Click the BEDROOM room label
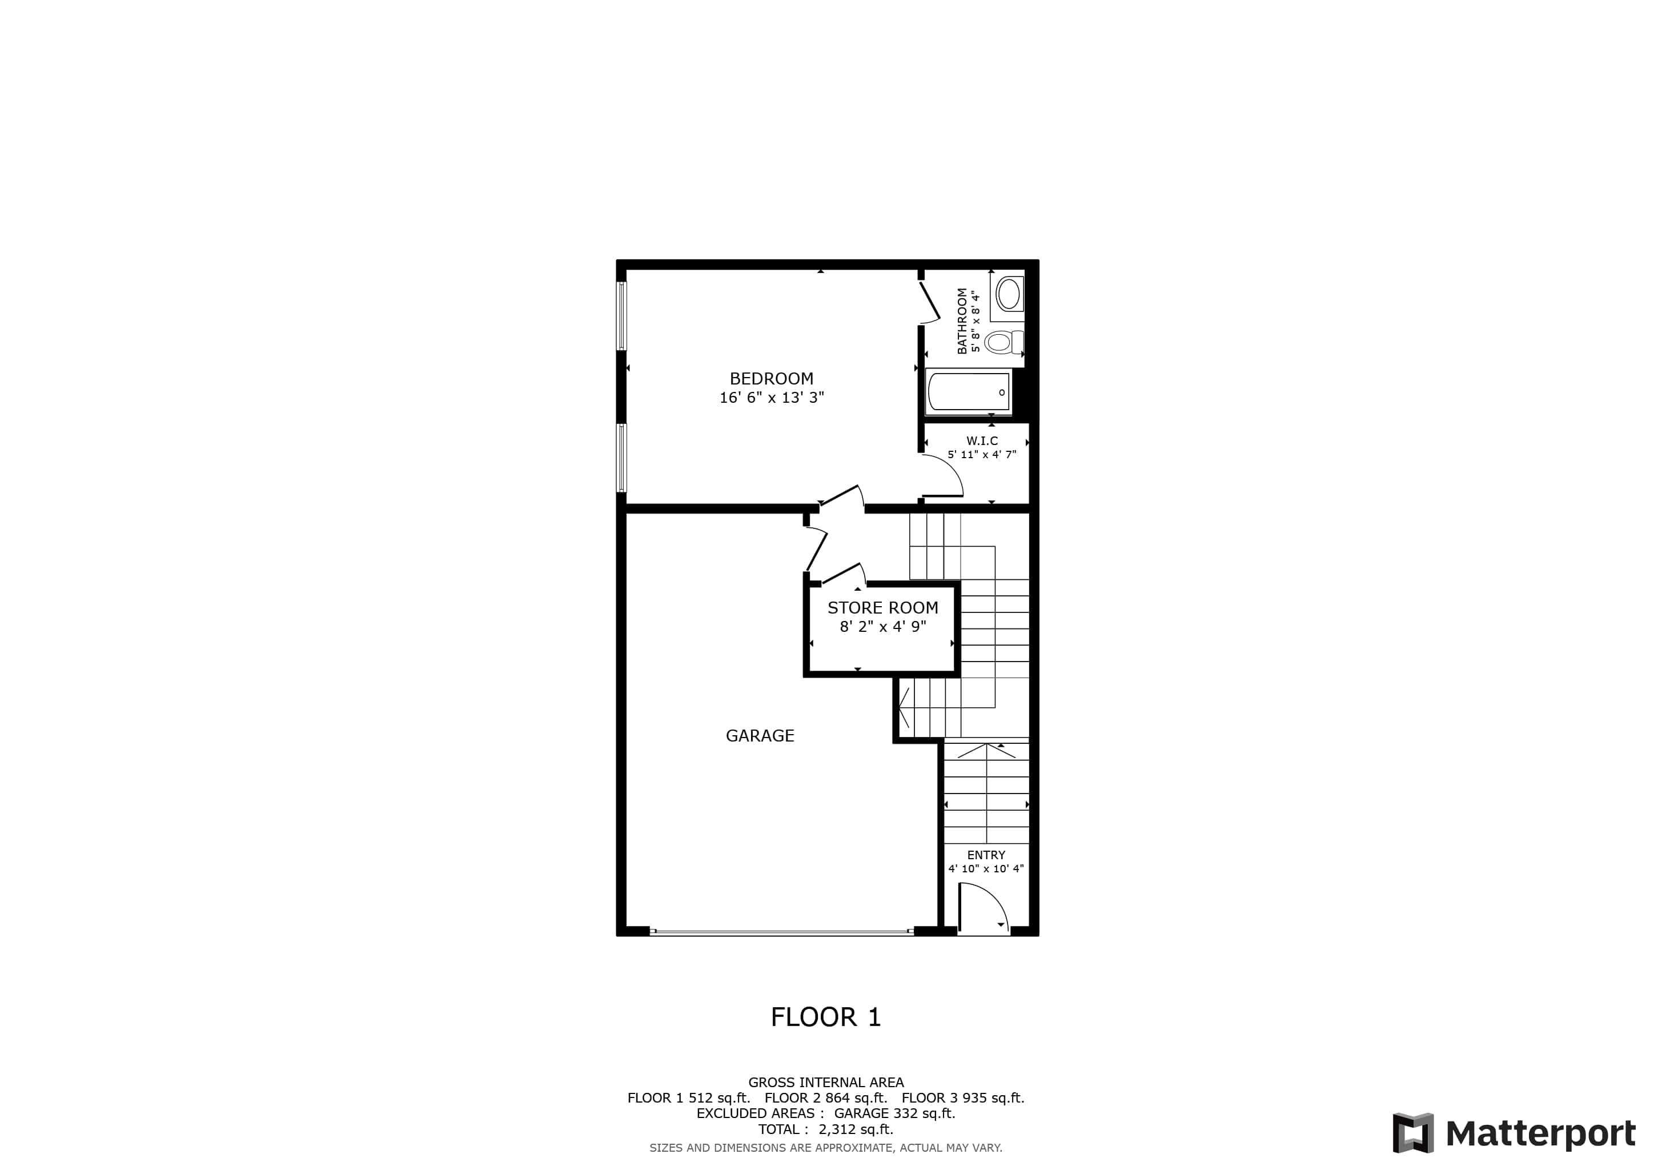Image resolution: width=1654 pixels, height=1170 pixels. point(771,378)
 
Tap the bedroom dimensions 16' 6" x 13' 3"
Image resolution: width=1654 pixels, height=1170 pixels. point(771,398)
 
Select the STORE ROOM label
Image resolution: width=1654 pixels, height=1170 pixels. point(882,607)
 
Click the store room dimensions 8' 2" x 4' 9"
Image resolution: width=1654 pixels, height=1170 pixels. point(882,627)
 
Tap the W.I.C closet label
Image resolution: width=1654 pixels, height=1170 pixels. point(982,441)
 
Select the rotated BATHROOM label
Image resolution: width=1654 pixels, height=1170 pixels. point(962,320)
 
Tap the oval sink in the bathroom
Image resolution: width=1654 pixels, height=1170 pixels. point(1008,294)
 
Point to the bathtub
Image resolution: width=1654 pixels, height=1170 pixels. point(968,392)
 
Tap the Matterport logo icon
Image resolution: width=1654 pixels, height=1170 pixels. point(1412,1133)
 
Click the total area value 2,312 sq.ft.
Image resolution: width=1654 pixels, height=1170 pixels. point(855,1129)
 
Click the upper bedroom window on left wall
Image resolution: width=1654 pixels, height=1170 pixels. point(621,315)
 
